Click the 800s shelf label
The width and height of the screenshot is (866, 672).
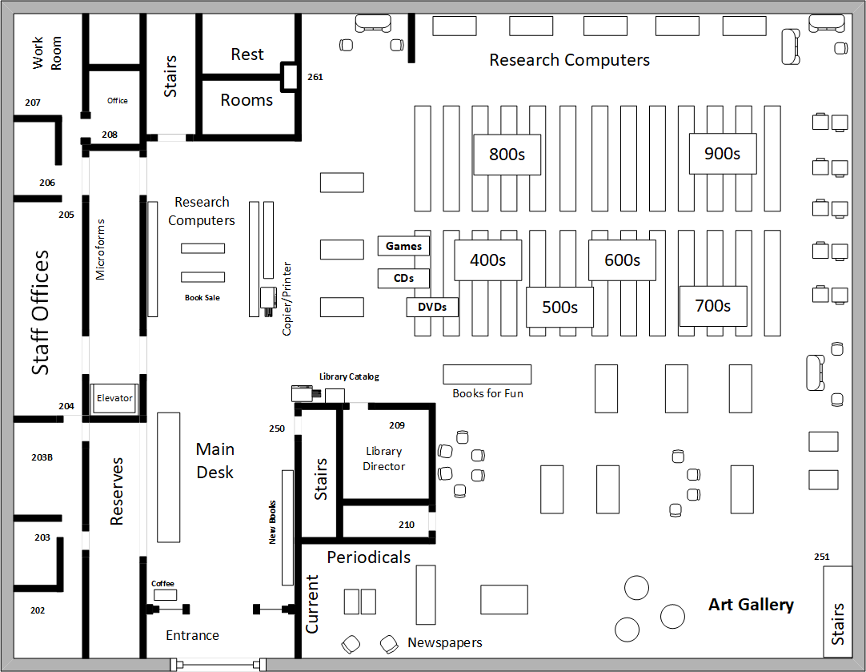(x=507, y=155)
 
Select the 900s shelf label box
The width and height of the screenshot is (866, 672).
(x=723, y=153)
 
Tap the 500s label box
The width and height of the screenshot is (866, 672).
(x=559, y=307)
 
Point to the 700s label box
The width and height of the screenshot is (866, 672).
(x=713, y=306)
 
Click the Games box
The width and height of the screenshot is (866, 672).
(x=403, y=246)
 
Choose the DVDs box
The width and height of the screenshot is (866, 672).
(x=432, y=307)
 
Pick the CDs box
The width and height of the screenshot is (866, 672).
(x=403, y=278)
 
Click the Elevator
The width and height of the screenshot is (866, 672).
(x=114, y=398)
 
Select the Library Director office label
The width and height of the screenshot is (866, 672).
(x=383, y=459)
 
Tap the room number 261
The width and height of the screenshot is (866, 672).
(x=315, y=78)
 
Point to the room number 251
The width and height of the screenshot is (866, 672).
(x=821, y=557)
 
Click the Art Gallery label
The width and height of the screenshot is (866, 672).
(x=751, y=605)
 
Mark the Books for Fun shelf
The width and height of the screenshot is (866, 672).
(x=487, y=374)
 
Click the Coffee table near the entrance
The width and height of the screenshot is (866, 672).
(x=166, y=595)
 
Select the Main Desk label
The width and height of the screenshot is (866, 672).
(x=214, y=461)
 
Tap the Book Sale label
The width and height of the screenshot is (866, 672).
(x=202, y=297)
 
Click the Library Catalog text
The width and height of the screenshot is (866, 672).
(x=349, y=376)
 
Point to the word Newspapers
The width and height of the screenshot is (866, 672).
(x=445, y=642)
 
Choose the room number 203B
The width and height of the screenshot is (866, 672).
(x=42, y=457)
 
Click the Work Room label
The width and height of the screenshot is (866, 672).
(x=46, y=53)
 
